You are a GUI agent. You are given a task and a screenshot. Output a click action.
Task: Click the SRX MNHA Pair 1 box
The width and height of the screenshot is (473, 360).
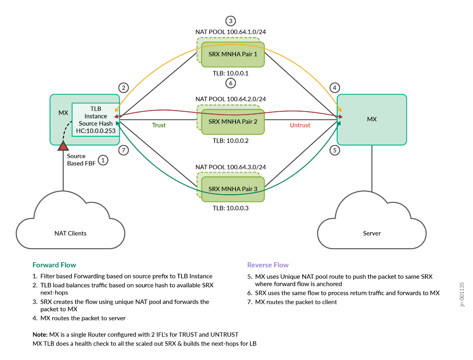(233, 54)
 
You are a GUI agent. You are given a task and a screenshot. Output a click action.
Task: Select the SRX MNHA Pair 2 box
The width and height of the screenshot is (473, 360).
(233, 122)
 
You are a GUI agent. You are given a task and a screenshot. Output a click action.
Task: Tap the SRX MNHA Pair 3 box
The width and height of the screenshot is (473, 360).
(233, 189)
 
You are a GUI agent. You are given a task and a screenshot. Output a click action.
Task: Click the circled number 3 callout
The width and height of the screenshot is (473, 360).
(231, 21)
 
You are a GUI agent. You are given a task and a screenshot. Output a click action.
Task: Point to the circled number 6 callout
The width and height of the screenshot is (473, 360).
(231, 83)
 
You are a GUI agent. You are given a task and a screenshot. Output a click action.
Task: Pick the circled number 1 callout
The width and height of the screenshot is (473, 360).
(103, 160)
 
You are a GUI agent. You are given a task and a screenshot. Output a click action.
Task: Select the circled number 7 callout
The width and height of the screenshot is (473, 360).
(124, 150)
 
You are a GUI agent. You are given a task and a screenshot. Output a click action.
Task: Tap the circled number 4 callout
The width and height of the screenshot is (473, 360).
(335, 88)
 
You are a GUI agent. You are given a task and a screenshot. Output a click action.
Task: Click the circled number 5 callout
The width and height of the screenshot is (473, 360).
(335, 150)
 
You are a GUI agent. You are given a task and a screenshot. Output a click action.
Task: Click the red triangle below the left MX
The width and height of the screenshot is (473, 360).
(63, 146)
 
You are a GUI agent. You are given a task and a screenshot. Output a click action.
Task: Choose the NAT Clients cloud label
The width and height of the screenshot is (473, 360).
(71, 233)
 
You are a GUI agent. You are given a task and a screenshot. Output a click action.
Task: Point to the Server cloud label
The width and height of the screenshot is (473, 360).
(372, 233)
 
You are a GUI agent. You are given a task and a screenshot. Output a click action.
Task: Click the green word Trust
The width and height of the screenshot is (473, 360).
(159, 125)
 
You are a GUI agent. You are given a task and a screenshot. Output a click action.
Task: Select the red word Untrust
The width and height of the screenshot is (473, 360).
(300, 125)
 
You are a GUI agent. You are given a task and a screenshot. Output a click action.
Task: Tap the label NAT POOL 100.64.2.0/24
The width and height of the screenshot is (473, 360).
(231, 99)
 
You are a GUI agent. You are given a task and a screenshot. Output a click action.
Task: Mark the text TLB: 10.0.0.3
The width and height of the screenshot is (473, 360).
(231, 208)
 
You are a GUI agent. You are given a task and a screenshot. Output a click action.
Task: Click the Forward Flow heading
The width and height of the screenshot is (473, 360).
(54, 265)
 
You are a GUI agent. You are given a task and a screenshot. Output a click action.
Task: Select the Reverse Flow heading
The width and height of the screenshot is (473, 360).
(268, 265)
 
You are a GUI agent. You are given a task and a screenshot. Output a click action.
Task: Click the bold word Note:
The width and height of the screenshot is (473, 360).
(40, 335)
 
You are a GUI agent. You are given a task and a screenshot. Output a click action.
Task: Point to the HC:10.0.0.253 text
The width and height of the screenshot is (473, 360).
(96, 131)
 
